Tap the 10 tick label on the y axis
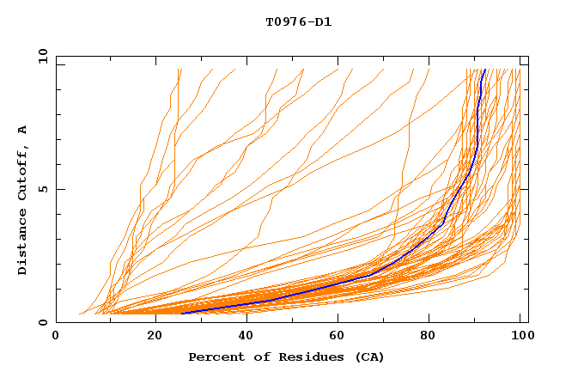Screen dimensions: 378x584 coord(40,56)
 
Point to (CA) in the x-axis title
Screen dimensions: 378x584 coord(368,357)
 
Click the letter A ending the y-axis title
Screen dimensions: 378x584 coord(23,129)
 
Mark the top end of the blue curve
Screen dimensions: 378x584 coord(485,70)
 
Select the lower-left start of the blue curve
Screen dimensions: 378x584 coord(182,314)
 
